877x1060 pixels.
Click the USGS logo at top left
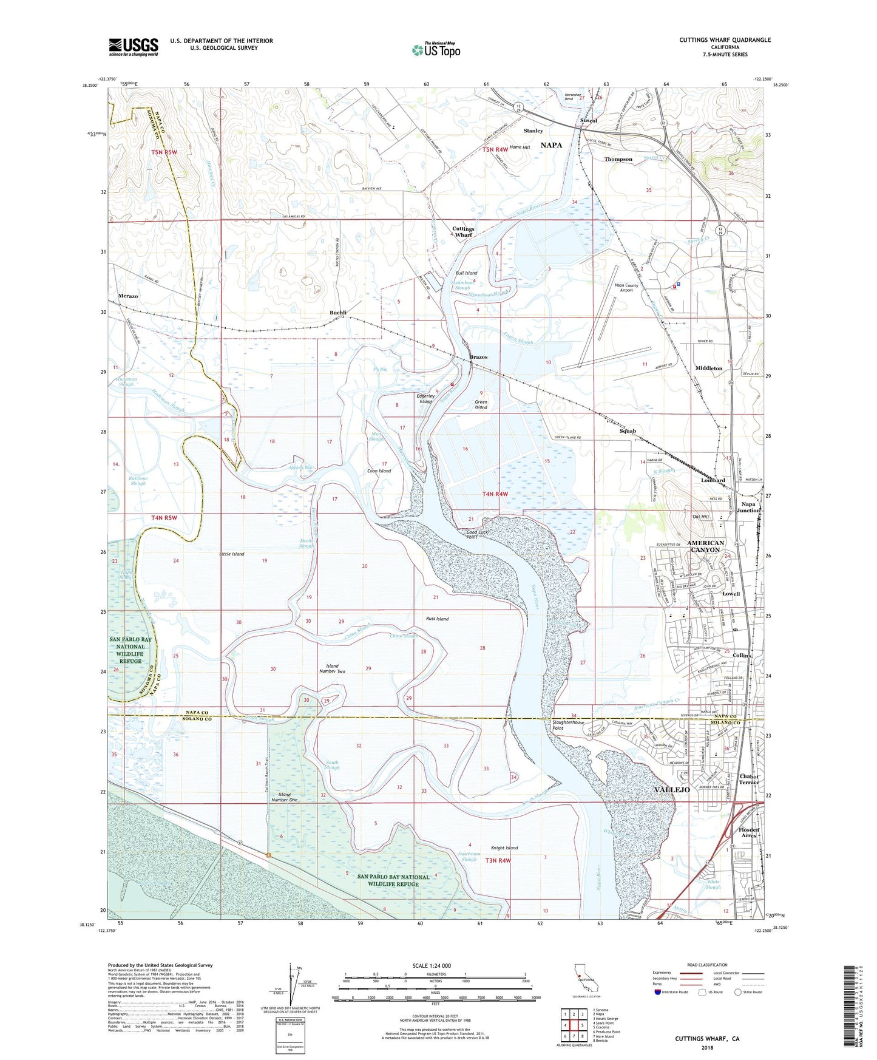click(x=133, y=46)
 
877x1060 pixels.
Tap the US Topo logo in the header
click(x=436, y=50)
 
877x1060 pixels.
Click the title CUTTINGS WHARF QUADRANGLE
click(x=725, y=40)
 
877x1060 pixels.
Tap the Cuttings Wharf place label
click(x=463, y=232)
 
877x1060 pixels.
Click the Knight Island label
click(x=504, y=848)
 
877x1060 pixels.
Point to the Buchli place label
click(x=338, y=313)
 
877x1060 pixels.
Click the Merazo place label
click(x=128, y=296)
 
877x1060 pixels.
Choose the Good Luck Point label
click(x=478, y=534)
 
